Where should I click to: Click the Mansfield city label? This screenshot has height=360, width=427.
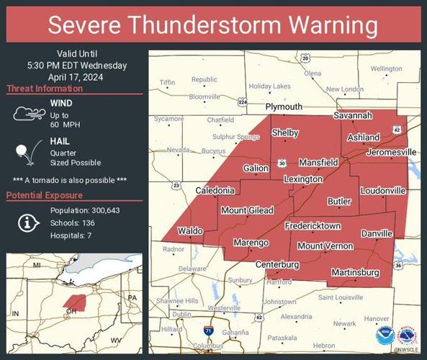(x=318, y=163)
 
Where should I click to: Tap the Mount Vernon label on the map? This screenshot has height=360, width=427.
(x=325, y=246)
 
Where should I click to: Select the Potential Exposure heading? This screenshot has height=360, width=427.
(x=44, y=196)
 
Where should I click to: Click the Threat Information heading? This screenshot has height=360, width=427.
(x=45, y=89)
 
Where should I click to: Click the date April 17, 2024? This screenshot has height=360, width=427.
(x=76, y=76)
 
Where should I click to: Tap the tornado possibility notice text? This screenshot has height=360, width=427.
(x=70, y=179)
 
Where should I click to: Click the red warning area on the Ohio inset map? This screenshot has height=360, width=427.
(x=73, y=299)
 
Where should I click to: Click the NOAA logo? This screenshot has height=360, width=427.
(x=384, y=336)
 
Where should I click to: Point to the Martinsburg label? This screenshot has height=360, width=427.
(x=354, y=272)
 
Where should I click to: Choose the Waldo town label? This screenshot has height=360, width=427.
(x=190, y=231)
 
